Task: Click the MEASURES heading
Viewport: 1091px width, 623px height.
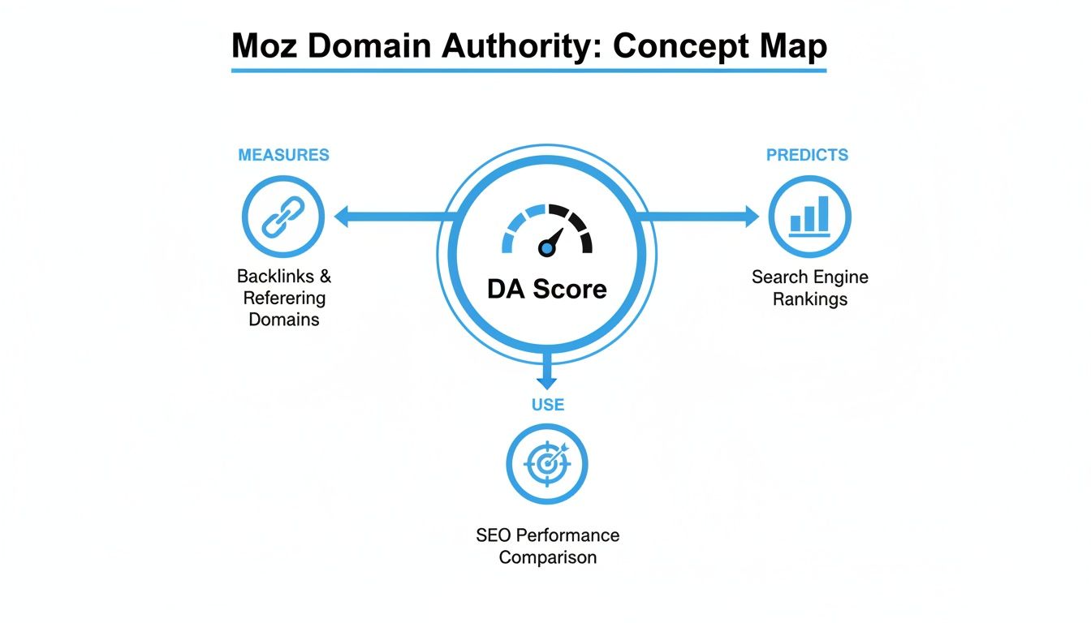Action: (x=283, y=155)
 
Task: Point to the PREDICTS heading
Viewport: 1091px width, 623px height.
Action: (x=807, y=155)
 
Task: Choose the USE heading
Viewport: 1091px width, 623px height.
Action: (x=547, y=404)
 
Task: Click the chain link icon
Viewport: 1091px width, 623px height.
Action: (x=282, y=217)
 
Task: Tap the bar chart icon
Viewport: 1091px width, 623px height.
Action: (x=809, y=217)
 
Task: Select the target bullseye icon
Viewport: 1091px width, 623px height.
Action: (x=546, y=464)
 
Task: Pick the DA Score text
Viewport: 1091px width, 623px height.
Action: (x=546, y=288)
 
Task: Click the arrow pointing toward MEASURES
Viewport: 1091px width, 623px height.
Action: (x=345, y=217)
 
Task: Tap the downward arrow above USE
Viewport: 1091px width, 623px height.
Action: (x=547, y=379)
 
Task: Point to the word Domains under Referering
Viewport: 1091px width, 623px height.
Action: (x=283, y=320)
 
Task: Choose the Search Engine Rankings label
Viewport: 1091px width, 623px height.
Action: (x=809, y=288)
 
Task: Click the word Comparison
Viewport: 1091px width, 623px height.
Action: (x=547, y=557)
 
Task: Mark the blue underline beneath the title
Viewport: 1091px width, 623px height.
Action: (x=528, y=71)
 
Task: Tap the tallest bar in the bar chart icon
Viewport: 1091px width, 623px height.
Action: (x=823, y=213)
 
